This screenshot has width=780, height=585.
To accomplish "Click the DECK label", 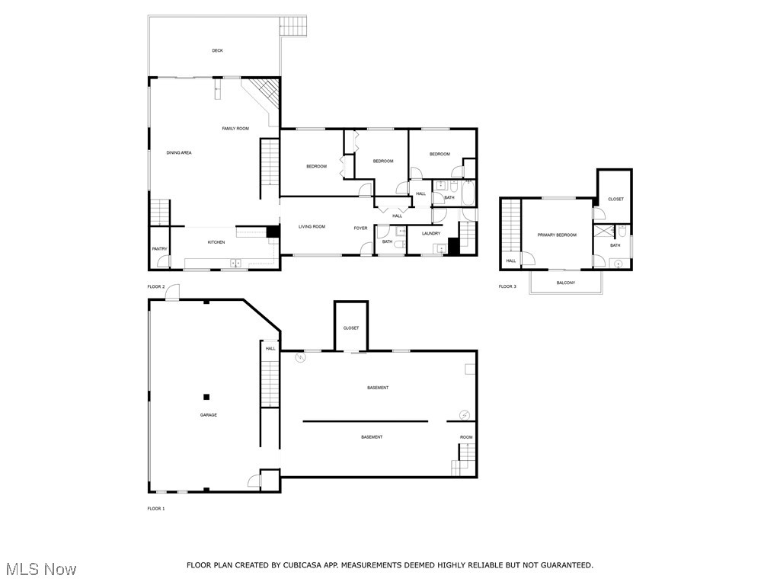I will coord(218,51).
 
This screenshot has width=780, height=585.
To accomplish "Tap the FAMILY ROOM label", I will coord(235,129).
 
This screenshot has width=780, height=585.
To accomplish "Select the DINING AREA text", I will coord(179,153).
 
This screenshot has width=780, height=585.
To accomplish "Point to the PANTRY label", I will coord(159,249).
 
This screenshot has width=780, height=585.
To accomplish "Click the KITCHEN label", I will coord(216,243).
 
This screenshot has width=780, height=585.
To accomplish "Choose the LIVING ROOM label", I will coord(312,227).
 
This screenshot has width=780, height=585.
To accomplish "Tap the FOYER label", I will coord(360,228).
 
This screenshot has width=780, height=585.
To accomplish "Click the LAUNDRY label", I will coord(431,234).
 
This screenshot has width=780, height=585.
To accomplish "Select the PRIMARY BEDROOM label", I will coord(557,235).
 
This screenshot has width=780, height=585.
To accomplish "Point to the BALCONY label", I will coord(565,283).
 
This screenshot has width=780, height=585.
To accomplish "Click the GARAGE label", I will coord(209,415).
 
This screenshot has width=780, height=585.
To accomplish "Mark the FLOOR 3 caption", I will coord(507,287).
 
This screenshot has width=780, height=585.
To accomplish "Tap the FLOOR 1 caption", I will coord(155,508).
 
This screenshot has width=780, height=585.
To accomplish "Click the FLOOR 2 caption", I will coord(155,286).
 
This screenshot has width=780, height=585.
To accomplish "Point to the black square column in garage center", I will coord(206,396).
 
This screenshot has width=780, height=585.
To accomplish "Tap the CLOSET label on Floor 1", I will coord(350,328).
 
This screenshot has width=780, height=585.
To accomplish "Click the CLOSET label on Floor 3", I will coord(615,200).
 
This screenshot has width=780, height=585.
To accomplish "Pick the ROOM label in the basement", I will coord(465,437).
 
